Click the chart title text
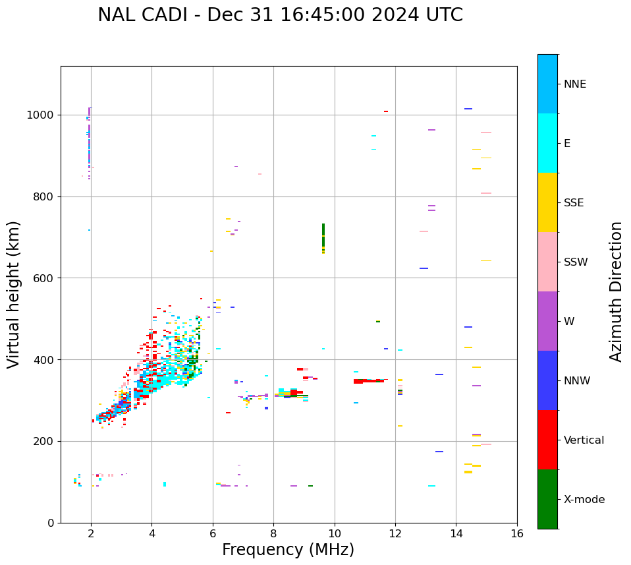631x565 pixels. click(280, 15)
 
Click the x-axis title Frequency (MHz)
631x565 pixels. click(288, 550)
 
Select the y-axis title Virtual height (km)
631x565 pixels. click(14, 295)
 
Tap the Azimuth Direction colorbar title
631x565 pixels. click(616, 291)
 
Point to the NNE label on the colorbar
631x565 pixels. click(574, 84)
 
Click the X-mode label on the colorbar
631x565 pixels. click(584, 500)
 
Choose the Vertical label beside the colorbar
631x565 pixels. click(584, 440)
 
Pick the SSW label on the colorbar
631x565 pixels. click(576, 262)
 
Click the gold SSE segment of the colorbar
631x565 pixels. click(547, 202)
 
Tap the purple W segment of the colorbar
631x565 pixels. click(547, 321)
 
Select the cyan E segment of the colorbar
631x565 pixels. click(547, 143)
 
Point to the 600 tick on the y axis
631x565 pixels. click(44, 278)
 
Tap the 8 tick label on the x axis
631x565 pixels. click(273, 534)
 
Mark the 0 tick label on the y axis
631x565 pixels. click(51, 523)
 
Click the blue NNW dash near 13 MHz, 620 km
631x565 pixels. click(424, 268)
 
